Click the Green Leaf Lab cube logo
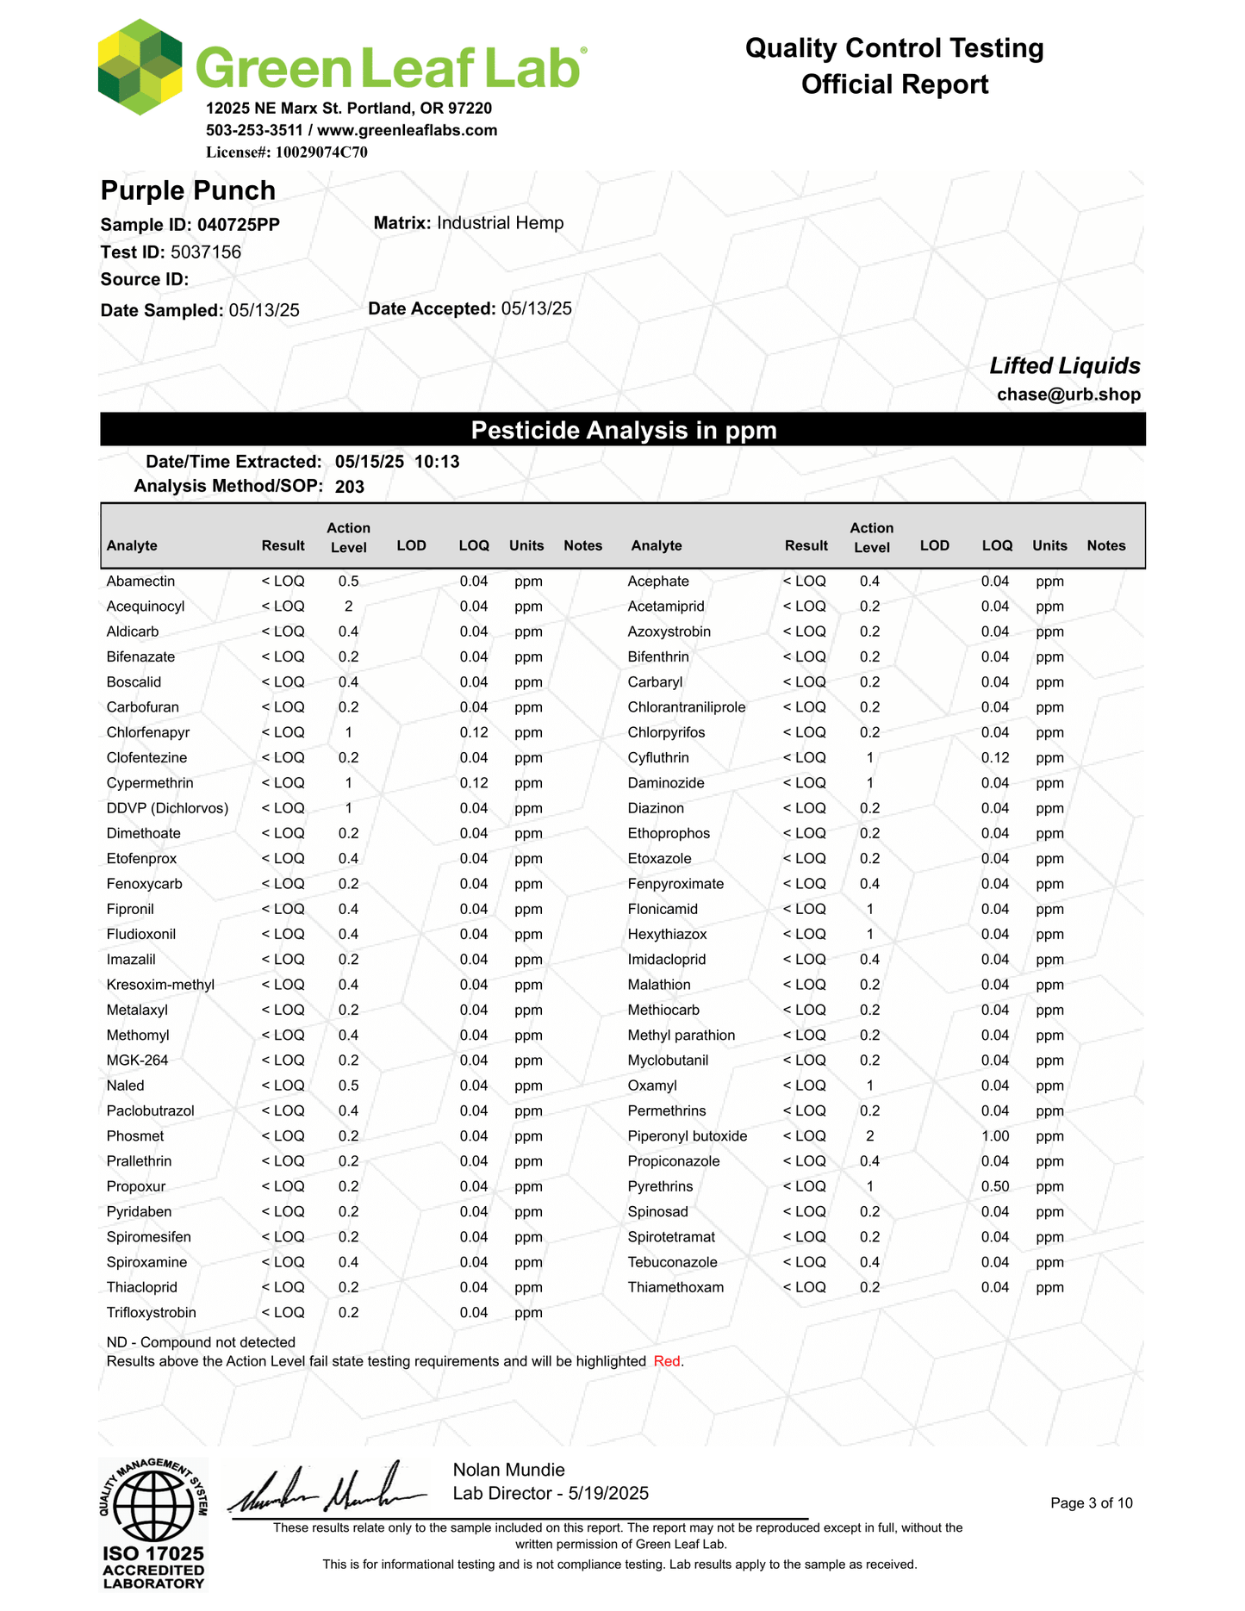point(140,67)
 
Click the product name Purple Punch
point(188,190)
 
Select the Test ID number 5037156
point(206,252)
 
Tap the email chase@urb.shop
point(1068,395)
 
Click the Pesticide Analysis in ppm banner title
point(623,430)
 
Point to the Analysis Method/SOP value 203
point(350,487)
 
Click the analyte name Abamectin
point(140,582)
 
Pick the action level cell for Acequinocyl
point(348,606)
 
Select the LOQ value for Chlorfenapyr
point(474,733)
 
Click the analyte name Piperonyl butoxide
point(687,1136)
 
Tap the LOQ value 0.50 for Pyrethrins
point(995,1187)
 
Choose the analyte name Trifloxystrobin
point(151,1313)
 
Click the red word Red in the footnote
point(667,1362)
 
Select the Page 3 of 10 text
point(1091,1503)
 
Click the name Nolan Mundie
point(508,1470)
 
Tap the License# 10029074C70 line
point(286,152)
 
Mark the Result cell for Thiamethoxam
point(804,1288)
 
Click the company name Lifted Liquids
point(1064,366)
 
